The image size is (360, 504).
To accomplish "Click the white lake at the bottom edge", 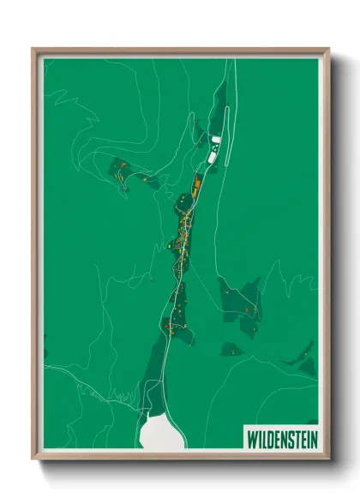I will coord(161,430).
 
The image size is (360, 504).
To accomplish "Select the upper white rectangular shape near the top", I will coord(216,139).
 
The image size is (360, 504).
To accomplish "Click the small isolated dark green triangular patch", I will coord(231,350).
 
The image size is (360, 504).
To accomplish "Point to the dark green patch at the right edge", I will coord(306,361).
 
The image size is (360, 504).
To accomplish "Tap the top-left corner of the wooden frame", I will coord(34,51).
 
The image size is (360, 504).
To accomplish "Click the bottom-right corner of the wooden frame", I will coord(327,457).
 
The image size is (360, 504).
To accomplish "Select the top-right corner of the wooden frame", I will coord(327,51).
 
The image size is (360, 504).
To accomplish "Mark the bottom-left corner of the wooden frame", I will coord(34,457).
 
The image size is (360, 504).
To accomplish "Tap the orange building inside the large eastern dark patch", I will coord(246,308).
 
